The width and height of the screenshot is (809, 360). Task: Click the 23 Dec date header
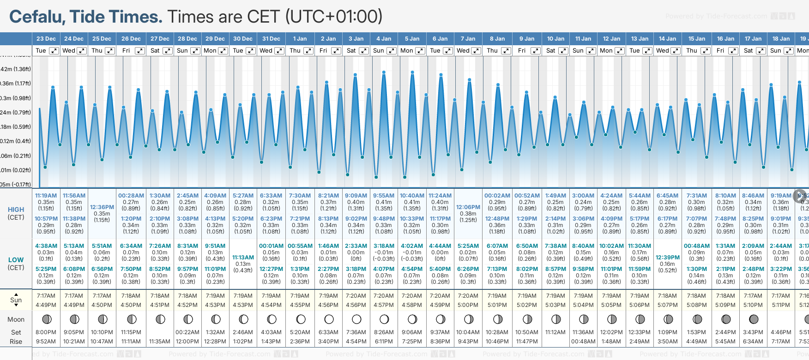[x=46, y=39]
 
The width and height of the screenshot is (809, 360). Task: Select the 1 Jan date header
[x=300, y=39]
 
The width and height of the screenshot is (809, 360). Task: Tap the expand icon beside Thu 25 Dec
[x=109, y=51]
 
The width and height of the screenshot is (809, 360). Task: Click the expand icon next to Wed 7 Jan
[x=476, y=51]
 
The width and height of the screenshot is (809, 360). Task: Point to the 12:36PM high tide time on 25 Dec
[x=102, y=207]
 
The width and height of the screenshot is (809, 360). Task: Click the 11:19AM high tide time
[x=46, y=196]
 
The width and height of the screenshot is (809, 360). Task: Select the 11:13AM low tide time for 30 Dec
[x=243, y=258]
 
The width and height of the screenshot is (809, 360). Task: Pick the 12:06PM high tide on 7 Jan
[x=468, y=207]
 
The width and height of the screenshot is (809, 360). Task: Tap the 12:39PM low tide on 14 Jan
[x=667, y=258]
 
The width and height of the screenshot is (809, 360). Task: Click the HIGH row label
[x=16, y=210]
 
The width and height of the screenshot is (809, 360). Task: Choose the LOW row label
[x=16, y=260]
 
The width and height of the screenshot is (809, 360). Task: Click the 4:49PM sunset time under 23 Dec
[x=46, y=305]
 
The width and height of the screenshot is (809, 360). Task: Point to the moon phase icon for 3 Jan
[x=356, y=319]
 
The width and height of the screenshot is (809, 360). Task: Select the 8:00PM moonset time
[x=46, y=332]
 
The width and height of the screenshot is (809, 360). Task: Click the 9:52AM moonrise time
[x=46, y=342]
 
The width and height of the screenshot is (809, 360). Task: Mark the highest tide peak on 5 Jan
[x=412, y=72]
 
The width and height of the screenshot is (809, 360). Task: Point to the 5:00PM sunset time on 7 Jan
[x=468, y=305]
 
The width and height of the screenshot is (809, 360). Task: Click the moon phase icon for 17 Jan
[x=754, y=319]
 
